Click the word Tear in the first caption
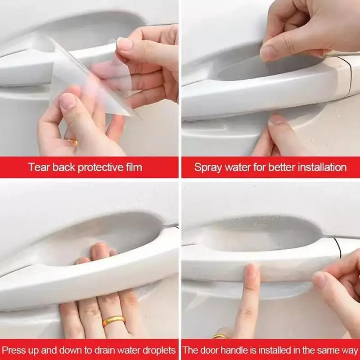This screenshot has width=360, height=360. pos(38,168)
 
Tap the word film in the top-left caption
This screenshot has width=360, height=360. pos(132,168)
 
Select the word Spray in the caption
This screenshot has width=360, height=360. pos(207,168)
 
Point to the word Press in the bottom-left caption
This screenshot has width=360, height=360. pos(14,350)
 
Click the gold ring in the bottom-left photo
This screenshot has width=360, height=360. pos(113,321)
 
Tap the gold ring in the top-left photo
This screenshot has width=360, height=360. pos(72,142)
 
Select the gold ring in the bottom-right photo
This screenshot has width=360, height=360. pos(220,337)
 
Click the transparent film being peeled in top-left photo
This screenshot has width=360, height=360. pos(90,81)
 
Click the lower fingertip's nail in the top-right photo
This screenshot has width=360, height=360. pos(277,119)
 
